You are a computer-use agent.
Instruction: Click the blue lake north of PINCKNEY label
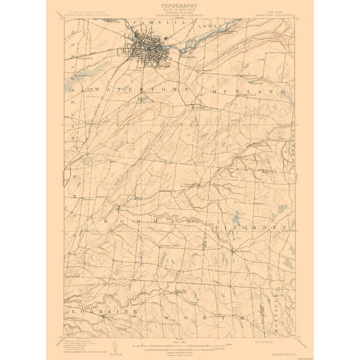(235, 218)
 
